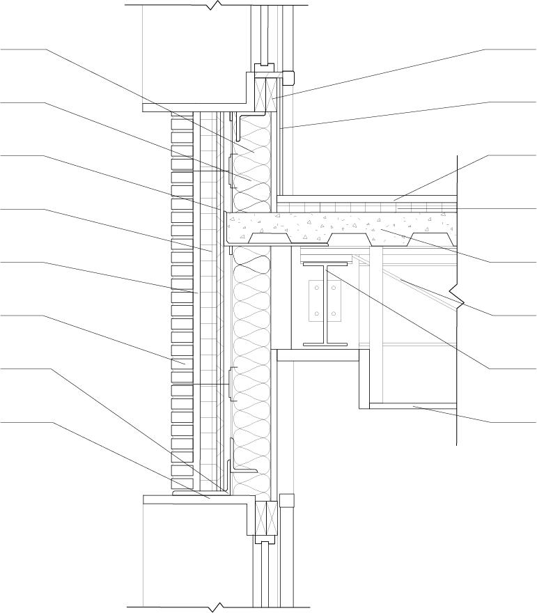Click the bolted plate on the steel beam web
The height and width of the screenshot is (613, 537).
326,300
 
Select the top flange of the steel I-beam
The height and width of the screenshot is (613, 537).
325,264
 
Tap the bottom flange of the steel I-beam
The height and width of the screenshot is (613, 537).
325,345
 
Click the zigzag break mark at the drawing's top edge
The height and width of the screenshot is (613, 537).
217,5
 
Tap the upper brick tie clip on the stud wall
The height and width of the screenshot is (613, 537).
230,171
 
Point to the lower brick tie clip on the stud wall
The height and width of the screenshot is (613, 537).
230,385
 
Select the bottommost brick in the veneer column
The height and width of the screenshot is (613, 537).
182,483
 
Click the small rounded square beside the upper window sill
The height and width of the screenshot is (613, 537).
288,77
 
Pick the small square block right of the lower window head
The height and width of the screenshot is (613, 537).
286,500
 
